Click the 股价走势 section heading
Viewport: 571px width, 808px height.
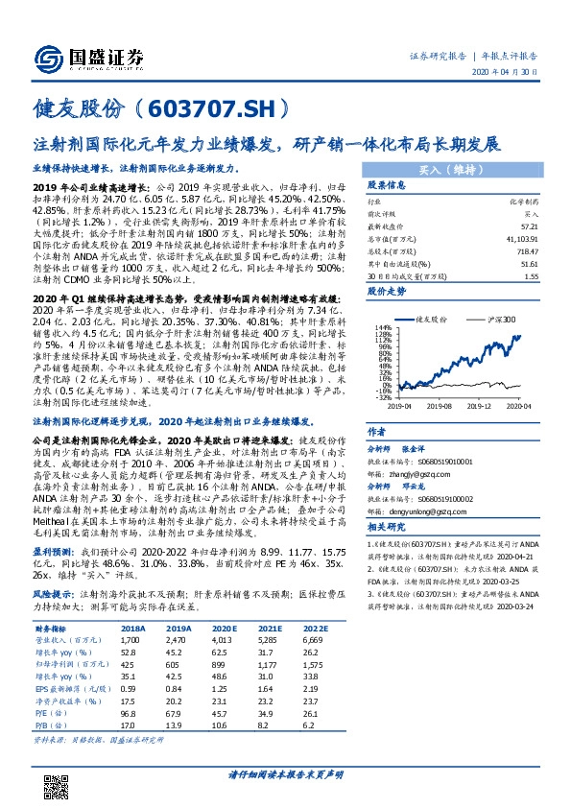388,288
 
